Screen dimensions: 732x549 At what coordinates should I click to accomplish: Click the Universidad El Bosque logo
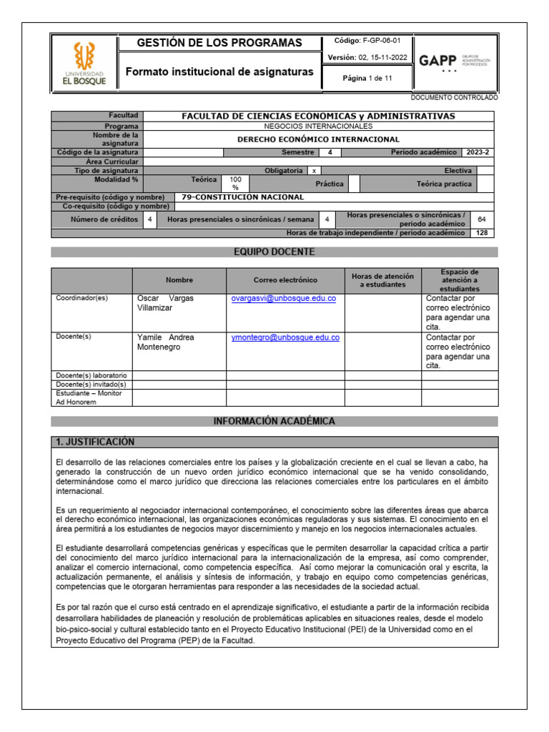(x=81, y=63)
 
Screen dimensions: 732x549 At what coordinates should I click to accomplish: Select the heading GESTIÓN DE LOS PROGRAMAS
(x=219, y=43)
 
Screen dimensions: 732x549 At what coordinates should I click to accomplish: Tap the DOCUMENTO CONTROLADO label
(x=455, y=97)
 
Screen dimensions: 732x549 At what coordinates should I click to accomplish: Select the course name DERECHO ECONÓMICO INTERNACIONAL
(x=318, y=139)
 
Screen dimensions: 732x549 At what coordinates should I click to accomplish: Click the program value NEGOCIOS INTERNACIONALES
(x=318, y=125)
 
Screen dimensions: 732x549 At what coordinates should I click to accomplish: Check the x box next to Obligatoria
(x=315, y=171)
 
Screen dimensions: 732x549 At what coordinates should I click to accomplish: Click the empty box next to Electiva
(x=485, y=171)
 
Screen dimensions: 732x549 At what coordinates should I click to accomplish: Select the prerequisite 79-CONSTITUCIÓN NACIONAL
(x=243, y=197)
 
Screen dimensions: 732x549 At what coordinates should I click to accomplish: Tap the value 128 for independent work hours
(x=481, y=233)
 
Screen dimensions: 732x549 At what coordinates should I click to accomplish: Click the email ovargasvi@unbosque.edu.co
(x=283, y=298)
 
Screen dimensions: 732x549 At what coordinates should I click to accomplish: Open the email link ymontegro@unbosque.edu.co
(x=285, y=337)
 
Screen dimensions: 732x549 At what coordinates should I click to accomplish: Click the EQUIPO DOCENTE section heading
(x=274, y=252)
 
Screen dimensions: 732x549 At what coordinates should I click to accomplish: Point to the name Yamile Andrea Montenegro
(x=165, y=342)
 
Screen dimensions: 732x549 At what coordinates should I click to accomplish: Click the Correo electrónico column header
(x=285, y=280)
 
